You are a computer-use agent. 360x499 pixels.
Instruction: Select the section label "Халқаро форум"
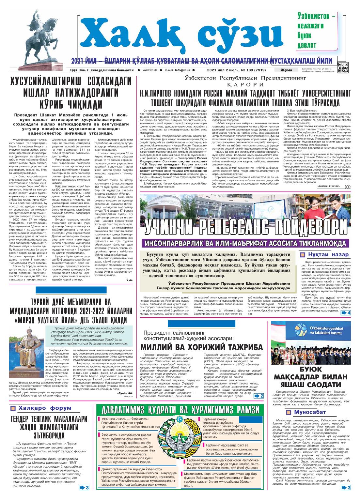point(45,408)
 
